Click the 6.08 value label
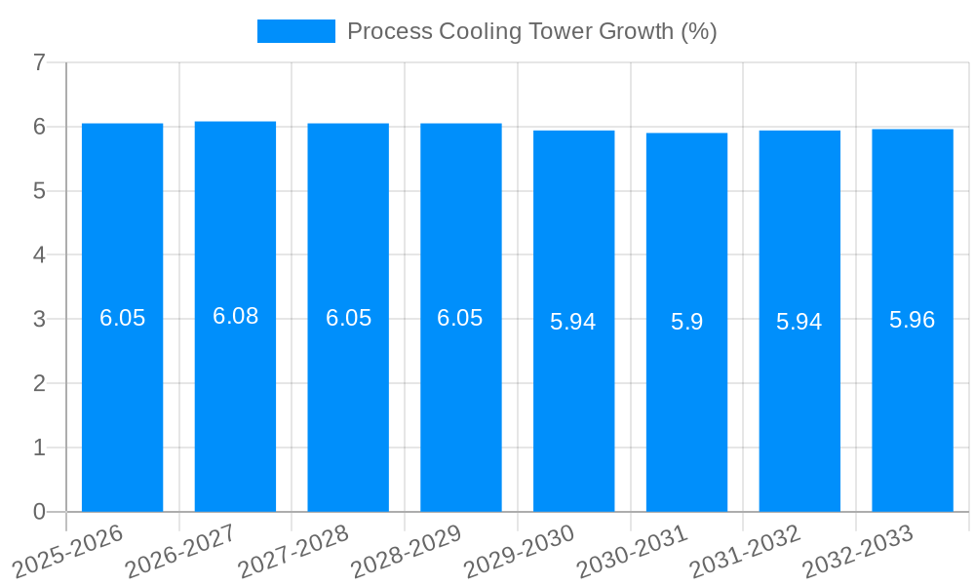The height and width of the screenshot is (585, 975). [235, 316]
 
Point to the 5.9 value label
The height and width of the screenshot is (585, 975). [686, 322]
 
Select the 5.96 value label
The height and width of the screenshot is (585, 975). [912, 320]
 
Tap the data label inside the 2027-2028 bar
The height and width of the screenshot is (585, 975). [348, 318]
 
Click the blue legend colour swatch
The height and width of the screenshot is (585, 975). [295, 31]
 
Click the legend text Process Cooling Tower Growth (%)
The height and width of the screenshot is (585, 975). [531, 31]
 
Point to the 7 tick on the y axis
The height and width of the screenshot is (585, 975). [39, 63]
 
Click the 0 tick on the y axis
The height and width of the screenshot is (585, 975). [39, 512]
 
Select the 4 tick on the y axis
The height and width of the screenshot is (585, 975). [39, 255]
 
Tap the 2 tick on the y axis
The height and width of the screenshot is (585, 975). [39, 383]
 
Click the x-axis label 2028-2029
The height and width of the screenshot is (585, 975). [406, 552]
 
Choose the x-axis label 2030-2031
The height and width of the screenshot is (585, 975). [632, 552]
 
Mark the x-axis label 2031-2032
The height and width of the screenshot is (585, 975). [745, 552]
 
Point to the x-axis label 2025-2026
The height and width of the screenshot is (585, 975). [67, 552]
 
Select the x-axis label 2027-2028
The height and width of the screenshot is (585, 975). [292, 552]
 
